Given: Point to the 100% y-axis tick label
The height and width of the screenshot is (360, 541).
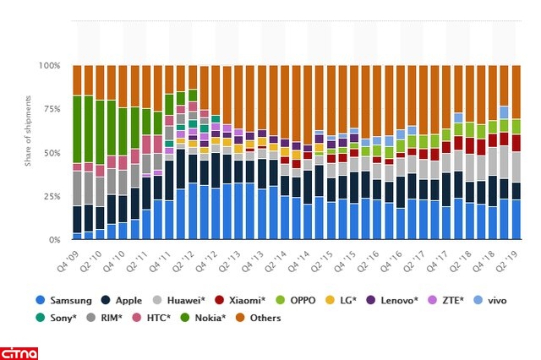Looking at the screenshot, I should pos(51,65).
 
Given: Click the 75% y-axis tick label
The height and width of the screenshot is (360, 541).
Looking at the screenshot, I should pos(53,109).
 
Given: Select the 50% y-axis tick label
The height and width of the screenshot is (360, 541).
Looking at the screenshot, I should pos(53,153).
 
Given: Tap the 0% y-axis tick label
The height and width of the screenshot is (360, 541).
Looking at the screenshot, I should pos(56,240).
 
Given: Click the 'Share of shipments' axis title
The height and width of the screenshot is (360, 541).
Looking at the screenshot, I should pos(28,152).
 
